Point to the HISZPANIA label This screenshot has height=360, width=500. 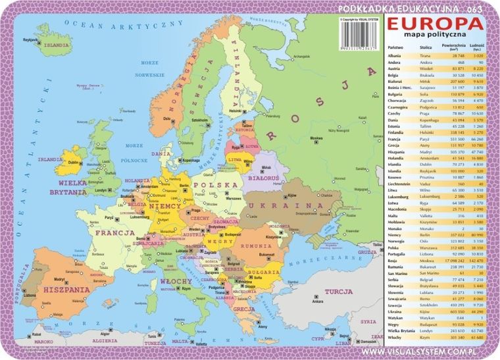point(66,288)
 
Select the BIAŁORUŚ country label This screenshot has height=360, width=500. point(262,178)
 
